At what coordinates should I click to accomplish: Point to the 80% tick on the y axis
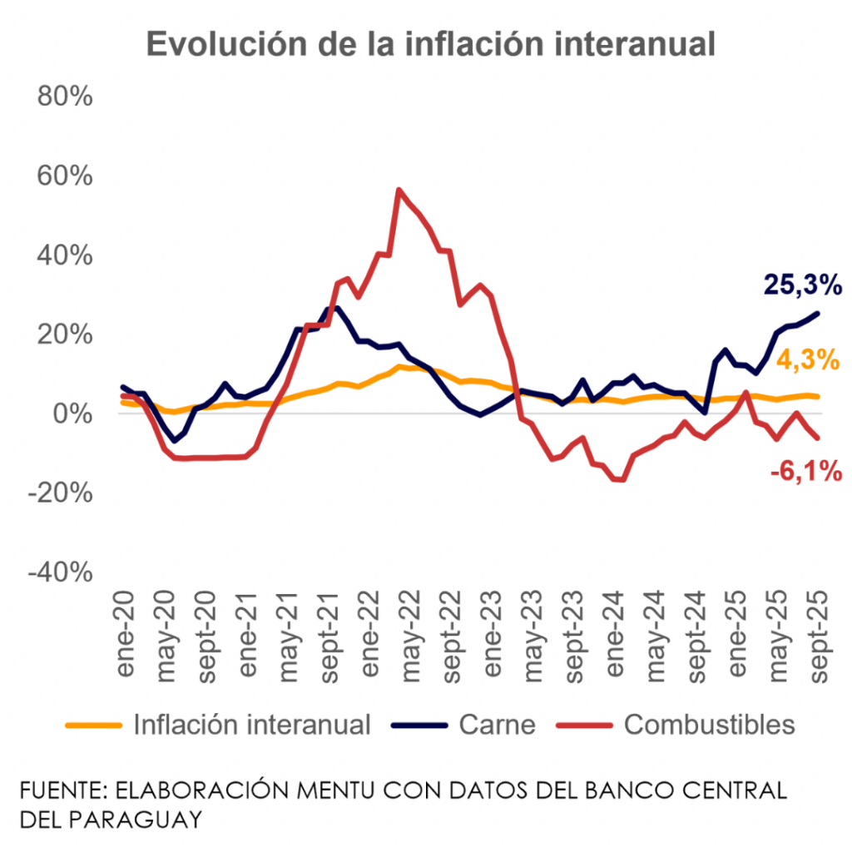pos(65,97)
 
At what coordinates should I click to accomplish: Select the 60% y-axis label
pos(65,176)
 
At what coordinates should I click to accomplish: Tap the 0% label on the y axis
pos(73,414)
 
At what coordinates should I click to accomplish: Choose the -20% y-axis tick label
pos(60,493)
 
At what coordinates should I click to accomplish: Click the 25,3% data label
pos(803,286)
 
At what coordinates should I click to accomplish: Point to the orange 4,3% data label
pos(806,361)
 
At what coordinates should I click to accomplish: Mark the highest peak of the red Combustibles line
pos(399,190)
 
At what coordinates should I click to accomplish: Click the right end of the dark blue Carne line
pos(818,313)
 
